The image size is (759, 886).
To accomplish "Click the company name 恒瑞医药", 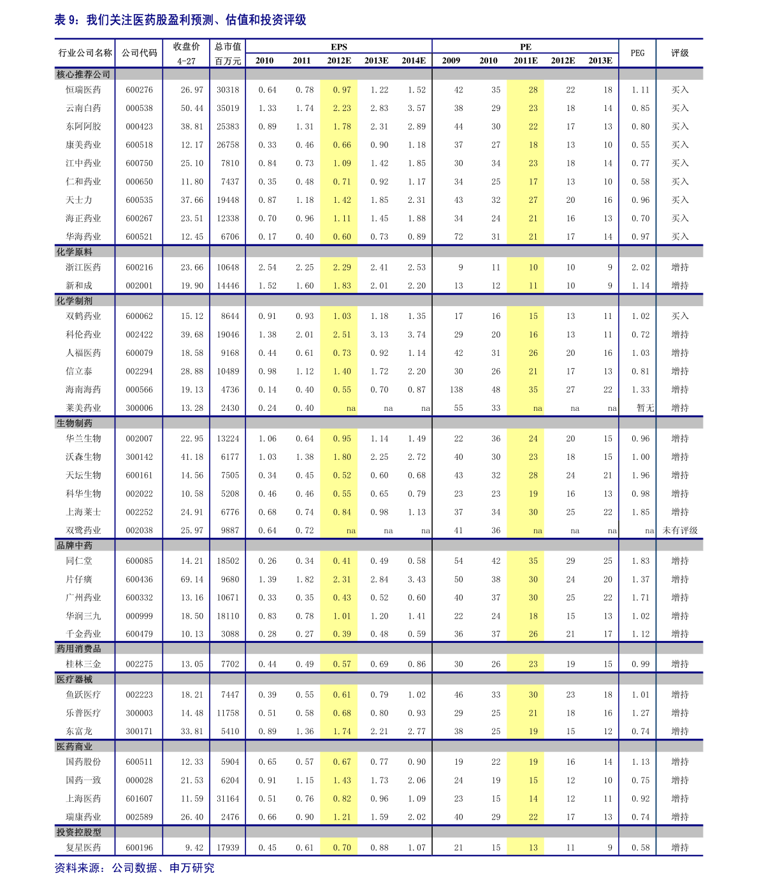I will [83, 90].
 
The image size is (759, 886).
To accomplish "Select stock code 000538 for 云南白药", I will [139, 108].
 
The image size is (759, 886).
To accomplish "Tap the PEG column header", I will [637, 53].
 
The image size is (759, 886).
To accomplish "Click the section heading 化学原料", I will [75, 252].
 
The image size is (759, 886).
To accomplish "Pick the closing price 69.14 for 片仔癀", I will [192, 579].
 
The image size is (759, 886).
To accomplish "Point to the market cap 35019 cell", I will [228, 108].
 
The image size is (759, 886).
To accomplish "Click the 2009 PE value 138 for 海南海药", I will [456, 390].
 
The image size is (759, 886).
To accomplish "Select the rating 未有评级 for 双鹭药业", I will [680, 531].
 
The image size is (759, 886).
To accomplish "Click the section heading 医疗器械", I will [75, 679].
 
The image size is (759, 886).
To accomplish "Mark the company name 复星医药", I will [83, 848].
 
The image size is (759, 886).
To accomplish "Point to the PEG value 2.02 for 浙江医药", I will [640, 267].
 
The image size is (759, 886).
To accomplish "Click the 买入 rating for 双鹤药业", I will [680, 316].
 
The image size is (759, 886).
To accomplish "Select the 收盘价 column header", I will [186, 47].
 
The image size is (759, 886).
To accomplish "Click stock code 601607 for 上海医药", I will [139, 799].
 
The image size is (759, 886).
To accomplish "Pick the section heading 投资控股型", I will [79, 832].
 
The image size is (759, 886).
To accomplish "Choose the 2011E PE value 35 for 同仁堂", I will [533, 561].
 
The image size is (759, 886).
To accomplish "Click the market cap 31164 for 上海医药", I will [228, 799].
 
